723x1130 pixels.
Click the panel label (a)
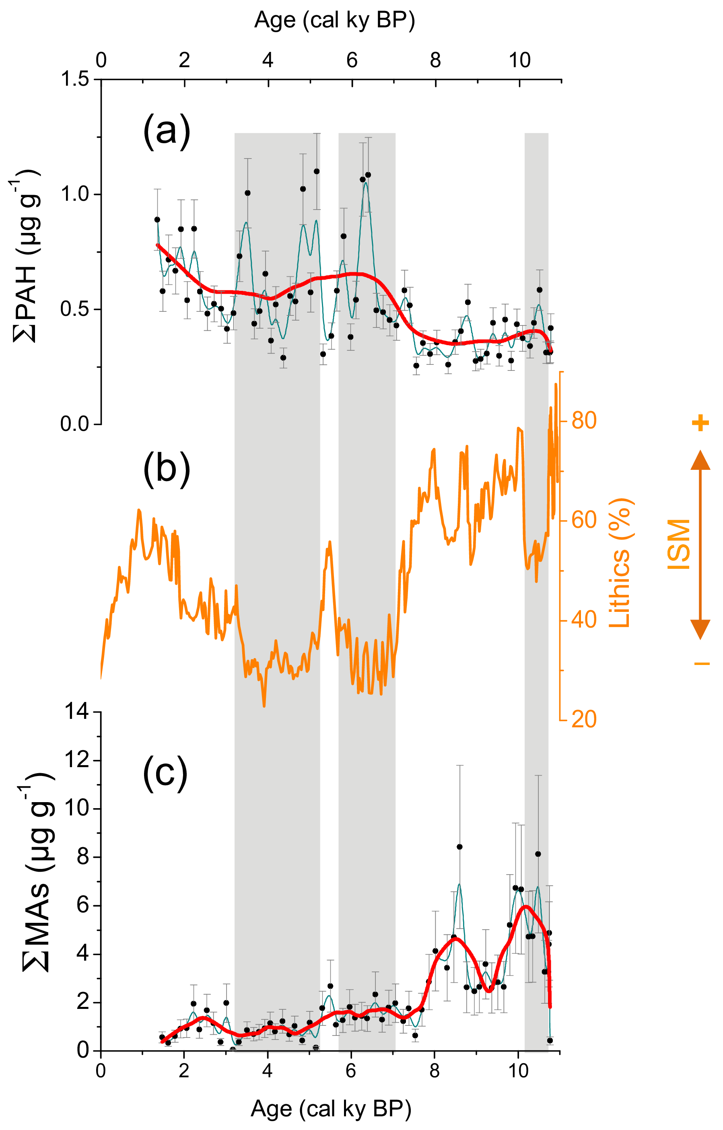pyautogui.click(x=167, y=132)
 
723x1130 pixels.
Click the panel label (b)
pyautogui.click(x=167, y=468)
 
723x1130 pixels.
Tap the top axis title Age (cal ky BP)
pyautogui.click(x=334, y=21)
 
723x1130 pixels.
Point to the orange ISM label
pyautogui.click(x=679, y=544)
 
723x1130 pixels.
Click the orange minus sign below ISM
pyautogui.click(x=702, y=663)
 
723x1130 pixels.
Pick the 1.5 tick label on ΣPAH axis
pyautogui.click(x=75, y=79)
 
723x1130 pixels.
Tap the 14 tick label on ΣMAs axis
pyautogui.click(x=77, y=712)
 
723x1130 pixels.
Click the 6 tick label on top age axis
pyautogui.click(x=352, y=60)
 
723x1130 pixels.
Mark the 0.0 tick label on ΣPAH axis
pyautogui.click(x=75, y=424)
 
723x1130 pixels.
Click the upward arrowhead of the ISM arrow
pyautogui.click(x=700, y=460)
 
